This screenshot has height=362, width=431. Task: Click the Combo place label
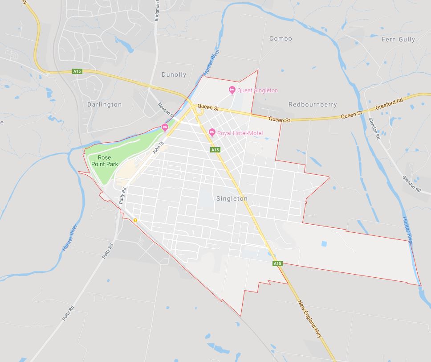coord(281,39)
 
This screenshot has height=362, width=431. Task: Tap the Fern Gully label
coord(398,39)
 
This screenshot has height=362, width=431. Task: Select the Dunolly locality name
coord(174,75)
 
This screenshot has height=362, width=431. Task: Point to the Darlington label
coord(105,104)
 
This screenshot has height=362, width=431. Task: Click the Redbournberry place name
coord(313,104)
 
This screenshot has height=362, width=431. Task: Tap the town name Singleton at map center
coord(232,198)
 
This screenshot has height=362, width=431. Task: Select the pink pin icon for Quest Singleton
coord(232,90)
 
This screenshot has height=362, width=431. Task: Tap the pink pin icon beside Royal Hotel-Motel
coord(212,132)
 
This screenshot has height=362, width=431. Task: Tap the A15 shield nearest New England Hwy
coord(277,263)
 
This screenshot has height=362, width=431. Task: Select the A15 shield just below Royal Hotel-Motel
coord(215,150)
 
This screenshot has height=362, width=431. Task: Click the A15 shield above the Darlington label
coord(77,71)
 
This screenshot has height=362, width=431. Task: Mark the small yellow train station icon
coord(135,220)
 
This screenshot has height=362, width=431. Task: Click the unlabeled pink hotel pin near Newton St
coord(165,128)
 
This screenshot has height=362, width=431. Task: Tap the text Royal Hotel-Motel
coord(240,133)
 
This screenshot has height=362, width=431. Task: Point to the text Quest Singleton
coord(257,90)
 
